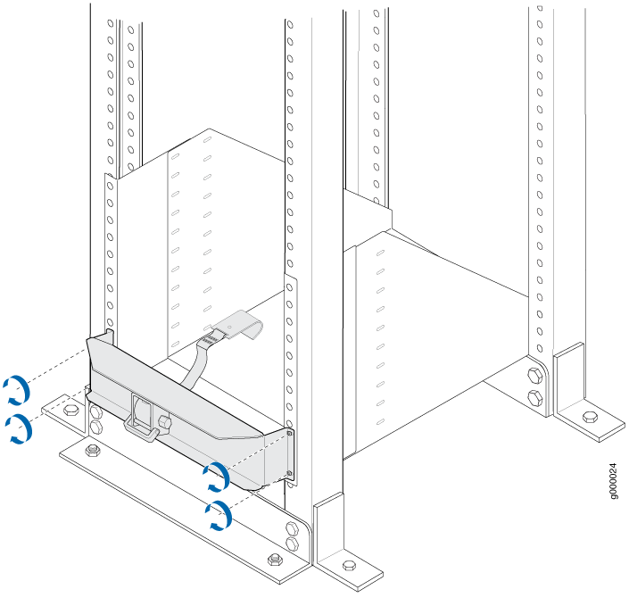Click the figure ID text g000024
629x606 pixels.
point(613,482)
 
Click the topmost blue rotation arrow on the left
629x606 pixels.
point(18,390)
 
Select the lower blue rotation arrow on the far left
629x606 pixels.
point(20,429)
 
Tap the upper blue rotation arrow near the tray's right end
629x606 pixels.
point(217,477)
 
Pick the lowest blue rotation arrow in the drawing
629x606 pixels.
point(219,515)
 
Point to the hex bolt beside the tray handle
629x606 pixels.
point(164,421)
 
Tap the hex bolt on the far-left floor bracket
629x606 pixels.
point(71,410)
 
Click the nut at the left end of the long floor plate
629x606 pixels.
point(93,450)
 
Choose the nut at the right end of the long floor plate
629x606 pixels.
point(275,559)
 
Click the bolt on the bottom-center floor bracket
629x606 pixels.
point(350,566)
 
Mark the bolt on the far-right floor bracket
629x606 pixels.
point(590,417)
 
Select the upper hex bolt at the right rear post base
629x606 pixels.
point(535,376)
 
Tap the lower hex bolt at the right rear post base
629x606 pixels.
point(535,398)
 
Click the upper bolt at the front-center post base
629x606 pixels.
point(292,528)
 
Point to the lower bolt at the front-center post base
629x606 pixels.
point(292,544)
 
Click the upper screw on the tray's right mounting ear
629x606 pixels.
point(290,434)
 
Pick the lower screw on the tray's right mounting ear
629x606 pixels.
point(290,474)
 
